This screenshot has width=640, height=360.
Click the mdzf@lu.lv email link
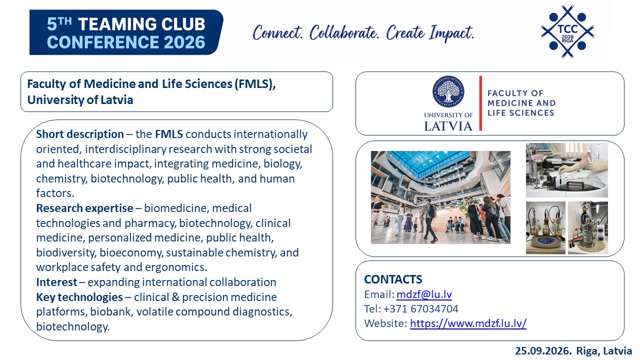424,294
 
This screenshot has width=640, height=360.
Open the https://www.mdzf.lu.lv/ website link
468,323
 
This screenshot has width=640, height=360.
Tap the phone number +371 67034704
421,309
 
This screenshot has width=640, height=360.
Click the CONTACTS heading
393,279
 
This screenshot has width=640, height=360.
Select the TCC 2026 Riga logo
567,31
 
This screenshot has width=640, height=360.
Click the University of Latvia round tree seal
448,91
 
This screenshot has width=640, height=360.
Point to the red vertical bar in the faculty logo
480,103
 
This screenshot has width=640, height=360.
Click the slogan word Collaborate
344,33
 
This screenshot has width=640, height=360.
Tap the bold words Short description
80,134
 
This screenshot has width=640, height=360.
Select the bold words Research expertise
84,208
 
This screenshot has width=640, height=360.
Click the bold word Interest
56,282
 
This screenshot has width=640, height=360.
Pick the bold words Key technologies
79,297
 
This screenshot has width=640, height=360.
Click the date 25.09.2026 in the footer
543,351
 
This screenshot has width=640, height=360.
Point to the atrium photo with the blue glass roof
440,197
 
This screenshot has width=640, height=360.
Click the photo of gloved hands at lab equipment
567,170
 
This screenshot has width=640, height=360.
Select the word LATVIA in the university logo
448,126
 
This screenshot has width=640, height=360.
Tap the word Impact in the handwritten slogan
451,33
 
